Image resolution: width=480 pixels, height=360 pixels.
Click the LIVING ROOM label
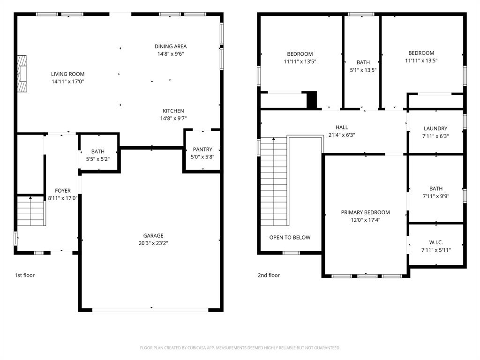67,74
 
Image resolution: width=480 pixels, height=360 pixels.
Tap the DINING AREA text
171,46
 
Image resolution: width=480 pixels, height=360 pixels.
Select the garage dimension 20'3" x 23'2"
153,243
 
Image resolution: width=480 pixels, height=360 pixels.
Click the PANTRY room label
202,150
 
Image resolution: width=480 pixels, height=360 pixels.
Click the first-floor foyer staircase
31,210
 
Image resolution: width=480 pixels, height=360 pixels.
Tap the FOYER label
63,191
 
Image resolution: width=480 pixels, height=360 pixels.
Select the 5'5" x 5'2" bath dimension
98,159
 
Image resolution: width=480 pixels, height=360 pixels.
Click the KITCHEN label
173,111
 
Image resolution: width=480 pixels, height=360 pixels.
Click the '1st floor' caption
24,275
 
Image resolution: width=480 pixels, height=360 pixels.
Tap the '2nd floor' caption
269,275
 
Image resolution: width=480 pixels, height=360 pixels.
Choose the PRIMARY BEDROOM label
365,212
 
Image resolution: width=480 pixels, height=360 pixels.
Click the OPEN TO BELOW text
290,237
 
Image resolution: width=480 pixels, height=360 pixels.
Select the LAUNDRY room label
435,128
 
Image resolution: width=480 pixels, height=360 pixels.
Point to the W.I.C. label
435,242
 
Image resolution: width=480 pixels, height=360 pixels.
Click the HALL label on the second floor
342,127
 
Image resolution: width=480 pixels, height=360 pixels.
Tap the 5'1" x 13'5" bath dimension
363,70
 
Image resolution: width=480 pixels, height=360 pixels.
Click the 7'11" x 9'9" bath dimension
435,196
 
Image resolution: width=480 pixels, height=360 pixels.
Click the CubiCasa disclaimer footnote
240,348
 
